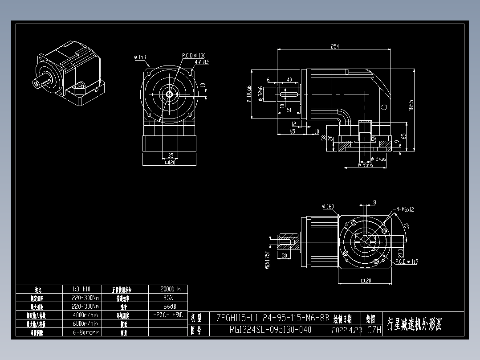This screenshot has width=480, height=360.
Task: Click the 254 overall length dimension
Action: click(335, 46)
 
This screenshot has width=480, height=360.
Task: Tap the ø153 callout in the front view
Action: click(140, 57)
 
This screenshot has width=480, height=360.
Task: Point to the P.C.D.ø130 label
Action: click(194, 56)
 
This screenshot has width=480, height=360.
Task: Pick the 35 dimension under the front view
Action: click(171, 155)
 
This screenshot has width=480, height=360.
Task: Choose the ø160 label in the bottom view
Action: click(327, 206)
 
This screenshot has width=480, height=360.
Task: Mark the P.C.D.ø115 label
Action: click(407, 262)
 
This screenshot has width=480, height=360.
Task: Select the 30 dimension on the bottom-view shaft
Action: click(285, 255)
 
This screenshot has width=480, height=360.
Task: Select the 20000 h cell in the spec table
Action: click(167, 289)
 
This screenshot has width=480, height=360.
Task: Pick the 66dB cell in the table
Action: click(167, 306)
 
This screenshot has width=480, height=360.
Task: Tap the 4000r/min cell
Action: click(85, 315)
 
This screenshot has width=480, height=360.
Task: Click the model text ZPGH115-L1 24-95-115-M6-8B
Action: click(273, 318)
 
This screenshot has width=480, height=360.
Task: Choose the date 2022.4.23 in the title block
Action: click(346, 330)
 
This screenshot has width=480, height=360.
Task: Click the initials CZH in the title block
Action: click(374, 330)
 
